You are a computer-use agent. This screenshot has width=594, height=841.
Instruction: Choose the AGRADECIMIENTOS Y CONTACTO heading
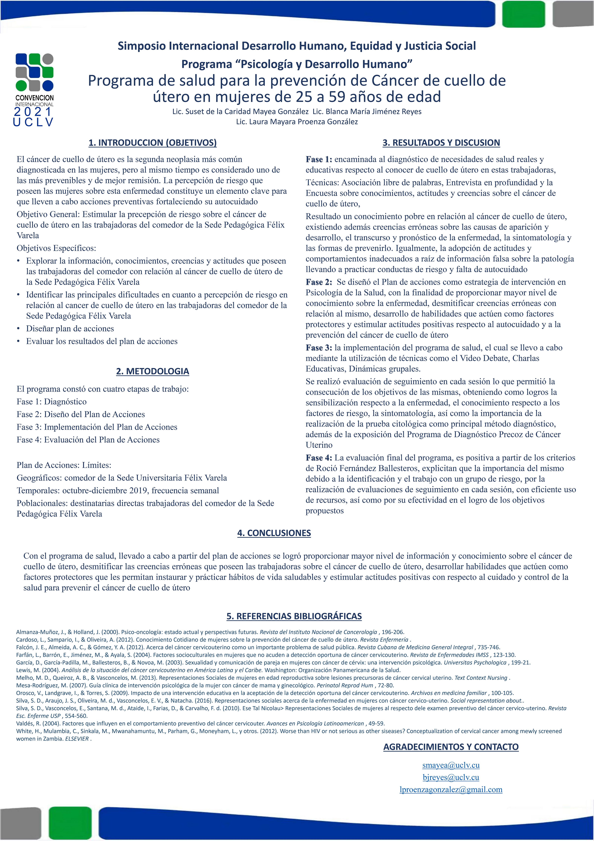tap(451, 747)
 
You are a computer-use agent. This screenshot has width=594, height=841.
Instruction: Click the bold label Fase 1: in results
tap(319, 159)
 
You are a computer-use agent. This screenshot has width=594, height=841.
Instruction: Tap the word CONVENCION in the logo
tap(34, 98)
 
